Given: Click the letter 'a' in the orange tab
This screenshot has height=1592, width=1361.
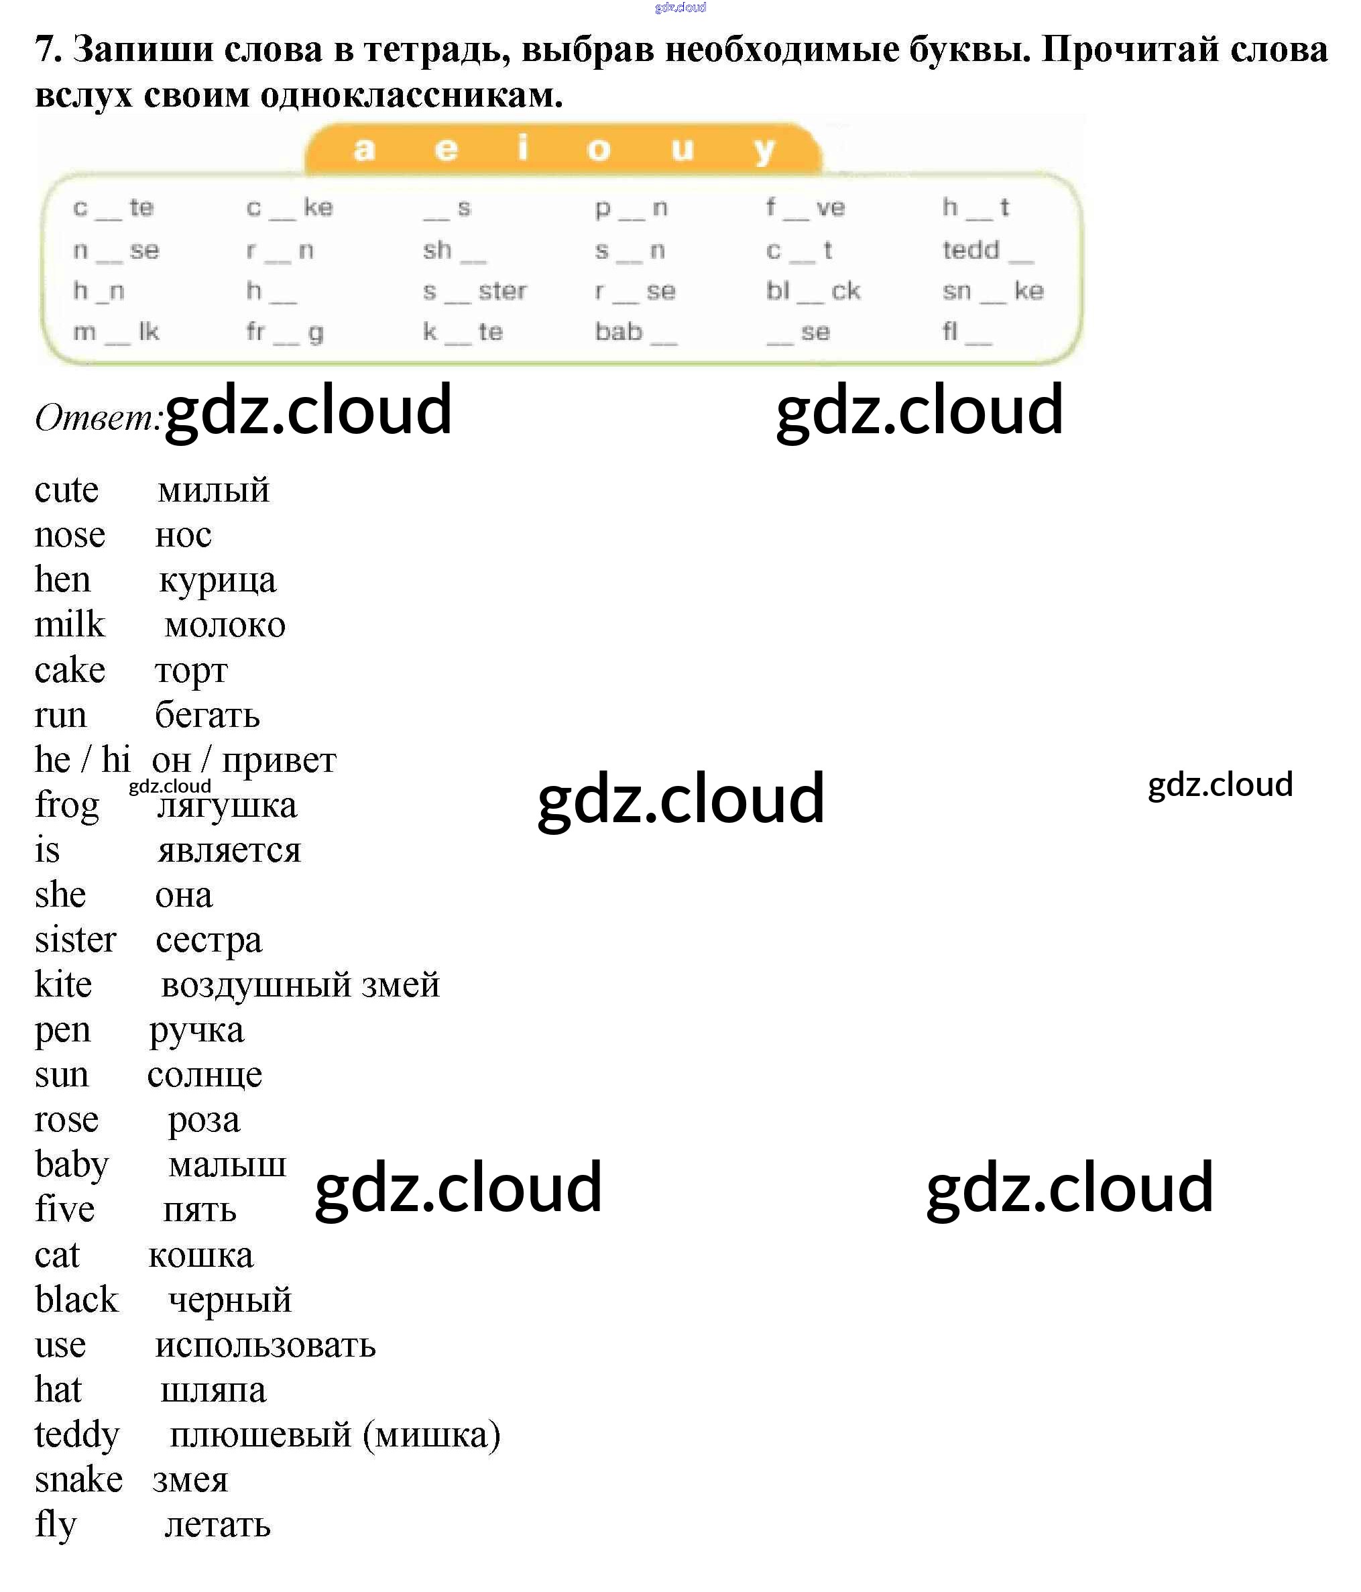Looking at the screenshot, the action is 364,148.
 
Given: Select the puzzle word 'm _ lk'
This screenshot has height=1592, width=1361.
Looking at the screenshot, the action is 116,332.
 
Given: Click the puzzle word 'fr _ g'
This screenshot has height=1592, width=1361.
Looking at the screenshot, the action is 285,333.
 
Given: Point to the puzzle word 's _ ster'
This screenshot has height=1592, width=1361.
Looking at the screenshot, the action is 475,291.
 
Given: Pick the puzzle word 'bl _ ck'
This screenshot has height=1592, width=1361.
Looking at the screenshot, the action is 813,291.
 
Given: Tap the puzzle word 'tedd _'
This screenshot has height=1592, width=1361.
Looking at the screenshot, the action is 988,251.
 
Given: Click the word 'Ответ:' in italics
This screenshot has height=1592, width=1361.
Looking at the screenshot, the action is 99,418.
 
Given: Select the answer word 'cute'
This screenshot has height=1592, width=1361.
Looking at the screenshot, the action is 67,490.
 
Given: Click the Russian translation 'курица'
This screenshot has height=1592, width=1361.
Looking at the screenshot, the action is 217,581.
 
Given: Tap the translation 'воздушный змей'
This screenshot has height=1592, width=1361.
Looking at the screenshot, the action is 300,986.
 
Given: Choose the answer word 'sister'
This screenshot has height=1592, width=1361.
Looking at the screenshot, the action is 75,940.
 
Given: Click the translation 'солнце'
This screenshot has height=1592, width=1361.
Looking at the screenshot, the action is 204,1076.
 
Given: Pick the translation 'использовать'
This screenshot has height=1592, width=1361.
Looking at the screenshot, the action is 265,1345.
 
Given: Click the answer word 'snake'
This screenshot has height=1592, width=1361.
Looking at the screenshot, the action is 79,1480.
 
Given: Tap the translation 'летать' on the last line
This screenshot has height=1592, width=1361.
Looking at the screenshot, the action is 217,1525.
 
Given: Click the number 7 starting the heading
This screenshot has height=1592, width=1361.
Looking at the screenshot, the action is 47,50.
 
